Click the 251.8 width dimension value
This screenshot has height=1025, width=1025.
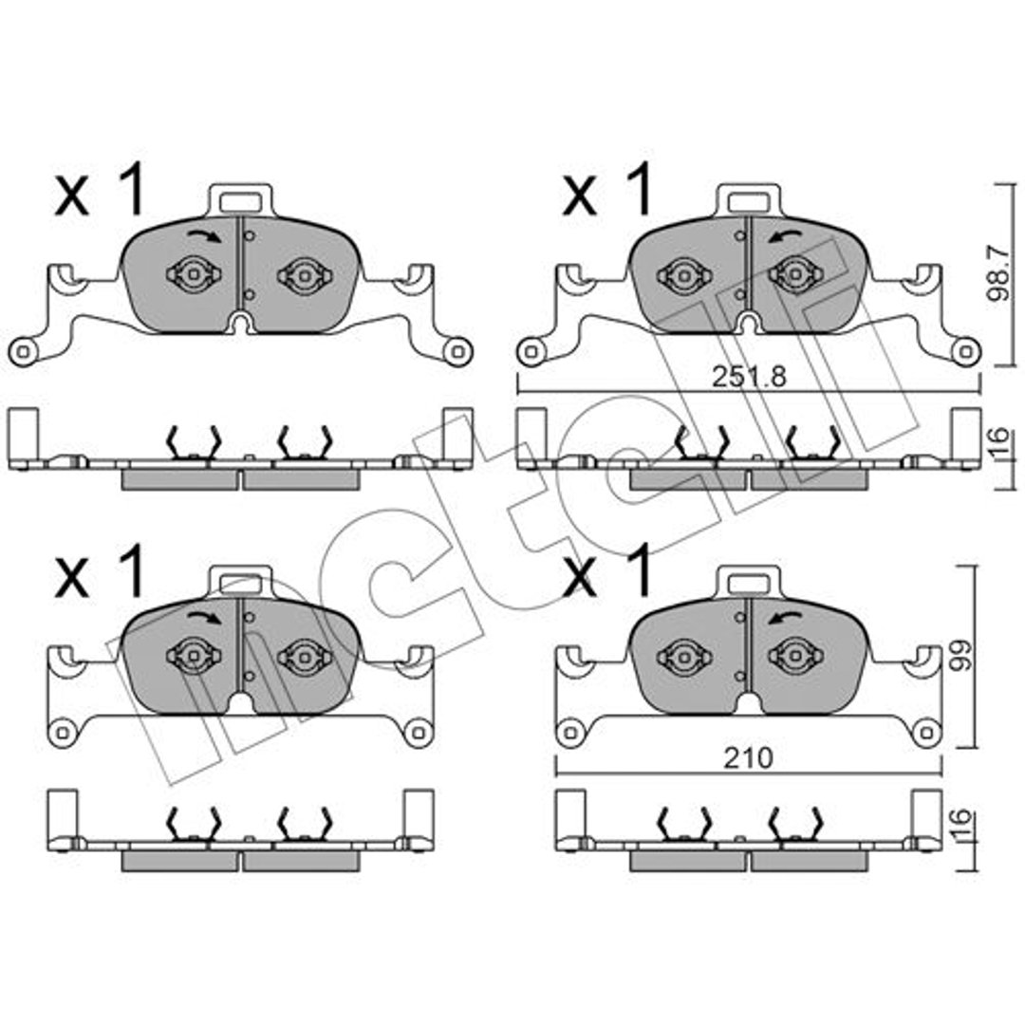coord(749,377)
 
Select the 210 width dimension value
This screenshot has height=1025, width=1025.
coord(748,758)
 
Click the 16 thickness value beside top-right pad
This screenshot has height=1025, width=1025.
coord(998,444)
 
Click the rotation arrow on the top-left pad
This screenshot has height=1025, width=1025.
coord(205,235)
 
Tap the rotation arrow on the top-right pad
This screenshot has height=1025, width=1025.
coord(785,236)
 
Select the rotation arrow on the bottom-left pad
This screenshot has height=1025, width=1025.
coord(205,617)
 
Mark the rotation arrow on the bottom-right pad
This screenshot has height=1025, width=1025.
coord(785,618)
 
